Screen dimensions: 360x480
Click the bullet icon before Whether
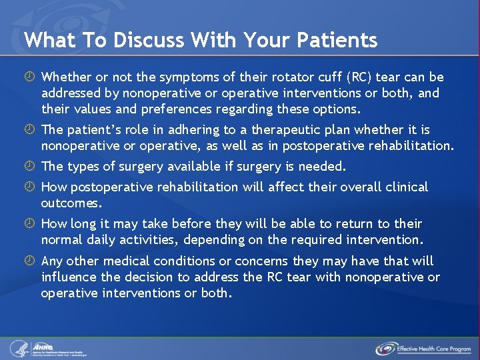tap(31, 78)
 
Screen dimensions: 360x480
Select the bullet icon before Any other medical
tap(31, 261)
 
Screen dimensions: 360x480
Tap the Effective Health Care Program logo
tap(424, 348)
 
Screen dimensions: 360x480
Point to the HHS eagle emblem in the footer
tap(19, 348)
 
